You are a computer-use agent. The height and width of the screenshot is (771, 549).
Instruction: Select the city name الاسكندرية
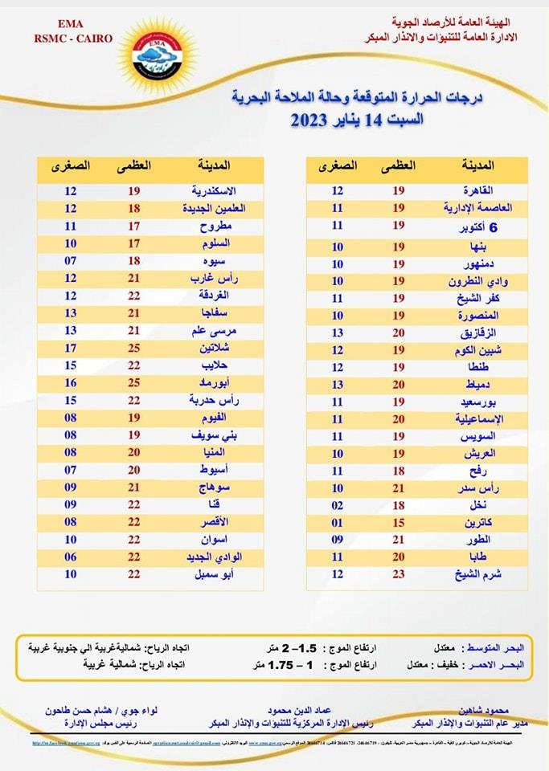213,191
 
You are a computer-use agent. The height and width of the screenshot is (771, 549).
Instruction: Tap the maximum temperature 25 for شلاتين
135,348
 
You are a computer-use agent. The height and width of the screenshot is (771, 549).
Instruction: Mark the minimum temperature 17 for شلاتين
72,348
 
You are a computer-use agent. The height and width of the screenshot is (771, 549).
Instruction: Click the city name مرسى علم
213,330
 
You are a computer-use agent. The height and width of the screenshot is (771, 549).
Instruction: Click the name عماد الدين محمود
283,710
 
